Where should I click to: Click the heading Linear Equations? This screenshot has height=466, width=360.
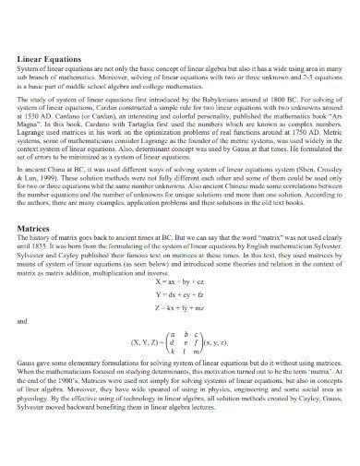click(x=46, y=57)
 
